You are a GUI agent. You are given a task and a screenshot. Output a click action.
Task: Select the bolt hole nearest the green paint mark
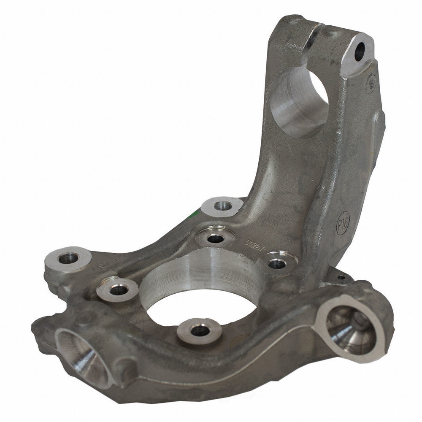click(x=221, y=206)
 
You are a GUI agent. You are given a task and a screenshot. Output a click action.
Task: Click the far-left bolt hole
click(x=67, y=258)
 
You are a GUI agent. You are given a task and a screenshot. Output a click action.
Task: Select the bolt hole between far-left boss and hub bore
click(x=117, y=289)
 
